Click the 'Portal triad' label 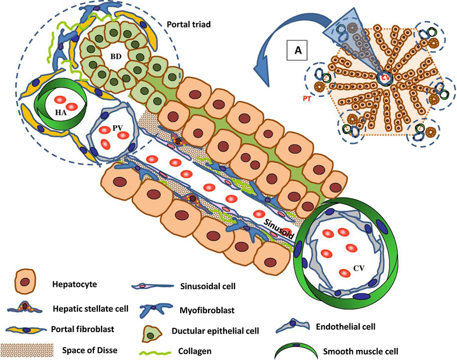coord(189,24)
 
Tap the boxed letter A coord(298,50)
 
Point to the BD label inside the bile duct coord(116,56)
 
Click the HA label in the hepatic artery coord(61,112)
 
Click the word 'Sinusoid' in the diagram coord(279,229)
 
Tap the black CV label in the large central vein coord(359,268)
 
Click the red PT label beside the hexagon coord(306,99)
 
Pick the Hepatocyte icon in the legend coord(25,282)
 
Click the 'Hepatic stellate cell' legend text coord(90,309)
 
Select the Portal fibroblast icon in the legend coord(26,330)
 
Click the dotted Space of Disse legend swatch coord(27,349)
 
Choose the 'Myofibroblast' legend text coord(207,311)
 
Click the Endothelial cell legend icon coord(293,325)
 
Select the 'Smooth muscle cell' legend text coord(361,351)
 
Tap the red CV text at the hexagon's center coord(385,77)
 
